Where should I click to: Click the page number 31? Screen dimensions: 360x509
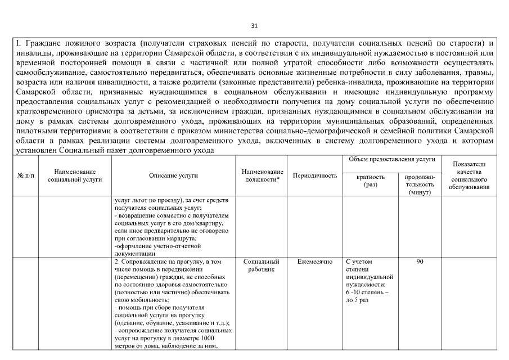tap(254, 25)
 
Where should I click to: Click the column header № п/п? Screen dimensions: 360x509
tap(25, 175)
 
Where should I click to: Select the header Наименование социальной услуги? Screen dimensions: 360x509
tap(75, 175)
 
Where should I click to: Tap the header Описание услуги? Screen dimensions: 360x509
tap(173, 175)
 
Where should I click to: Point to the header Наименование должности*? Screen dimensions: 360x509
tap(262, 175)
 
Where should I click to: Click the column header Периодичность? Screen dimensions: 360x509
tap(315, 175)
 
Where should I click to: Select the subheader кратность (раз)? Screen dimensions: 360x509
tap(371, 181)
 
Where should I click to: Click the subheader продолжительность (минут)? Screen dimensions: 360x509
tap(420, 184)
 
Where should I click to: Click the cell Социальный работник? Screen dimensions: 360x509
tap(262, 265)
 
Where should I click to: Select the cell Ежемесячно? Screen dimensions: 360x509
tap(315, 262)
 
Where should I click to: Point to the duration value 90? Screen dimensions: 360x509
tap(420, 262)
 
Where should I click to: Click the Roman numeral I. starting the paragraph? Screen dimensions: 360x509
tap(18, 43)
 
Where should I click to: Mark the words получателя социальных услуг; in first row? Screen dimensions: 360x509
tap(150, 207)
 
